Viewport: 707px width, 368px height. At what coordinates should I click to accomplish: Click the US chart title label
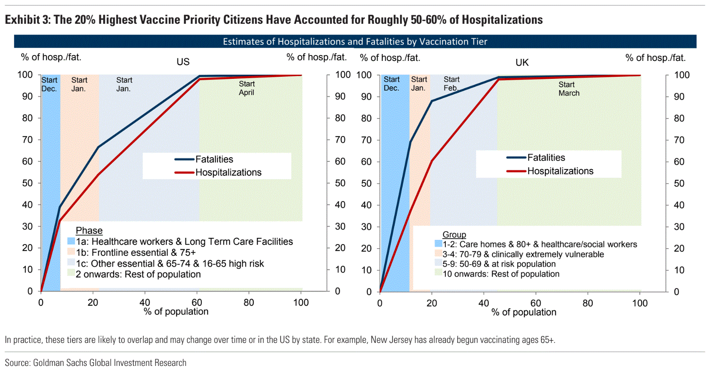pyautogui.click(x=183, y=62)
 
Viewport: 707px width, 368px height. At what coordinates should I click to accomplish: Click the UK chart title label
pyautogui.click(x=522, y=63)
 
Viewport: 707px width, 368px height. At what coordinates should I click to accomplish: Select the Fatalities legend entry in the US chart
pyautogui.click(x=214, y=159)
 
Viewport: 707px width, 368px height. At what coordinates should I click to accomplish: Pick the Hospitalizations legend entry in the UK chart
pyautogui.click(x=560, y=171)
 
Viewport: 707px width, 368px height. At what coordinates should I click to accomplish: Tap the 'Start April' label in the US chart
pyautogui.click(x=247, y=88)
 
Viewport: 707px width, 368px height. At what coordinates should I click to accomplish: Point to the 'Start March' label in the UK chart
pyautogui.click(x=569, y=89)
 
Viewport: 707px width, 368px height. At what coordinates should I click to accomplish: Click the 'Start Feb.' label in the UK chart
pyautogui.click(x=451, y=83)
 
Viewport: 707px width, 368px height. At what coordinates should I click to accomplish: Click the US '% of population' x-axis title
pyautogui.click(x=176, y=312)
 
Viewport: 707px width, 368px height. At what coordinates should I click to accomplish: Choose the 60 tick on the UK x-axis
pyautogui.click(x=536, y=303)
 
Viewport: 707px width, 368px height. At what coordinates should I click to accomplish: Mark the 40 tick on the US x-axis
pyautogui.click(x=145, y=302)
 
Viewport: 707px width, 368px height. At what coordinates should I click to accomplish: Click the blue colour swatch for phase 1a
pyautogui.click(x=71, y=241)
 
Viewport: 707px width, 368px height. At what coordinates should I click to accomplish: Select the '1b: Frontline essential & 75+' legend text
pyautogui.click(x=136, y=252)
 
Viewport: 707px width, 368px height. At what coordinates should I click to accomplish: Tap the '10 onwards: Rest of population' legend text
pyautogui.click(x=501, y=274)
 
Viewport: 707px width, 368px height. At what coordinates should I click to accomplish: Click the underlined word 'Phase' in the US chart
pyautogui.click(x=89, y=231)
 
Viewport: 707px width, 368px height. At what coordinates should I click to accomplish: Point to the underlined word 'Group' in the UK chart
pyautogui.click(x=454, y=234)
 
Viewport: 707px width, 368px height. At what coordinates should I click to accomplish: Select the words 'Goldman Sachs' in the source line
pyautogui.click(x=60, y=363)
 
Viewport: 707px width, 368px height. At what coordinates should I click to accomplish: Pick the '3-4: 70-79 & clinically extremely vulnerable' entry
pyautogui.click(x=523, y=254)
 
